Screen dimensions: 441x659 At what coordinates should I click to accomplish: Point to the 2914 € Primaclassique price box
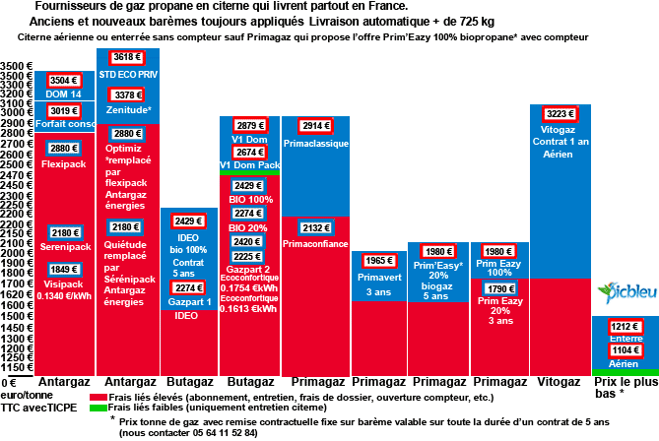point(315,127)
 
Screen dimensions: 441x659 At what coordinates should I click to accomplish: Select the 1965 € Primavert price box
point(378,261)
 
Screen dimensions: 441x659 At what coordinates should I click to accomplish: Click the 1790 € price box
point(500,289)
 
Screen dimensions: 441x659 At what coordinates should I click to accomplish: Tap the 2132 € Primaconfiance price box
point(315,228)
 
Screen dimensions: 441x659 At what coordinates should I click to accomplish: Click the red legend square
point(98,398)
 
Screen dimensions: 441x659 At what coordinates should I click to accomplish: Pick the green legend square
point(98,408)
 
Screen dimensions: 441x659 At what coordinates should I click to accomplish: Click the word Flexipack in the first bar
point(64,164)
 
